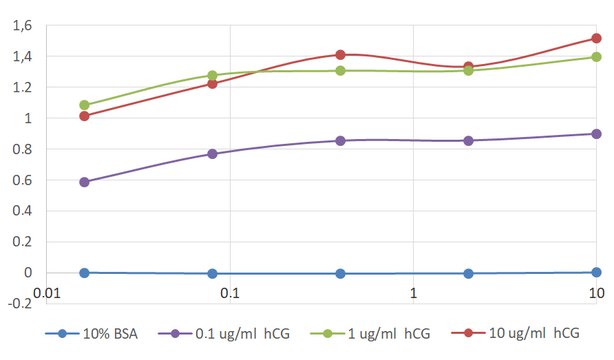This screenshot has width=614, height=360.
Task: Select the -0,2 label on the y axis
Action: coord(16,304)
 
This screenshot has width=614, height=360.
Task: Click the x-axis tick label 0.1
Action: coord(229,292)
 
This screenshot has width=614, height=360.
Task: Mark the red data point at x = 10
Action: coord(596,39)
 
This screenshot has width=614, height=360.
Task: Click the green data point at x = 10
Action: coord(596,57)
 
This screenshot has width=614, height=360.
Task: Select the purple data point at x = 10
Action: coord(596,134)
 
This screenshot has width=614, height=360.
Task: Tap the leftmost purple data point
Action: coord(85,182)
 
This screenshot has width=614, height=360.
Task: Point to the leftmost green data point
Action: coord(85,105)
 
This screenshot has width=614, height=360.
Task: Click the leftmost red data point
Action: coord(85,116)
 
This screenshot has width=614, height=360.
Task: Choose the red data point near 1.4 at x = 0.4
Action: coord(341,55)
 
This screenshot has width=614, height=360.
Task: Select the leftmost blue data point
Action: coord(85,272)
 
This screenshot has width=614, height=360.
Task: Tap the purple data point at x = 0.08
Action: coord(213,154)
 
